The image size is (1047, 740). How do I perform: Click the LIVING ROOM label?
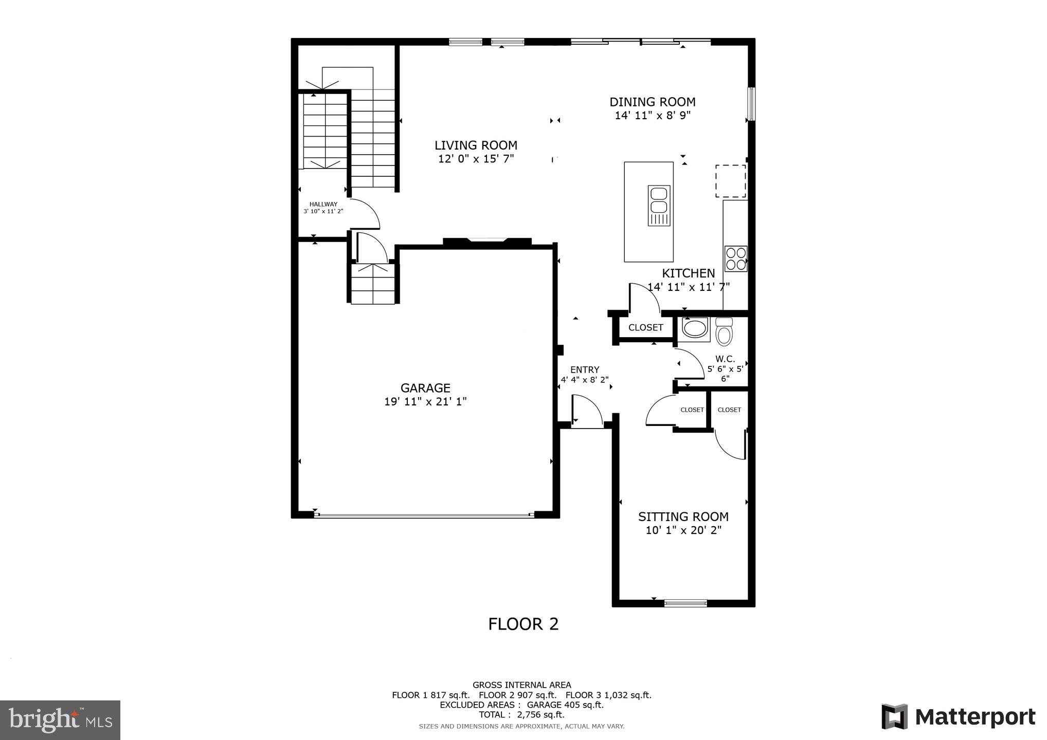coord(476,145)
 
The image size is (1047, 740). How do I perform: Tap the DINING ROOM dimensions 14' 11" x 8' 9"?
coord(652,116)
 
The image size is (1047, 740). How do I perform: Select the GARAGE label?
coord(425,388)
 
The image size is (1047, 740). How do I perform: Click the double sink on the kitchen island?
coord(659,206)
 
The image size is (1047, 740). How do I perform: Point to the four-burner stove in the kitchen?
coord(735,259)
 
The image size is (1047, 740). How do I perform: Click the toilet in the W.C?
coord(724,331)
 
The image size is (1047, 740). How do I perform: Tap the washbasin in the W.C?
coord(695,328)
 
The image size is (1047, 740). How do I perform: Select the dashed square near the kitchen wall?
coord(731,181)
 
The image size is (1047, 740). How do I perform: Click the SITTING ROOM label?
coord(683,516)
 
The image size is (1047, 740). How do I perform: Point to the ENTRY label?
coord(585,369)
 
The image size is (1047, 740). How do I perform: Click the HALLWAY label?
coord(323,204)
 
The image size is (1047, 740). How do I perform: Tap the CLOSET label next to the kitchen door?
coord(645,327)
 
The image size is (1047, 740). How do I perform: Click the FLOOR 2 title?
coord(523,624)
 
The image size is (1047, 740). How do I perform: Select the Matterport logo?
coord(958,716)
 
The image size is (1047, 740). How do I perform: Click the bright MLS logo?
coord(60,719)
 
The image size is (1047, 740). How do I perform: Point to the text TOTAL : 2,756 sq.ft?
coord(521,715)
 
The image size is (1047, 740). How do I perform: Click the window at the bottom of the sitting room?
coord(685,603)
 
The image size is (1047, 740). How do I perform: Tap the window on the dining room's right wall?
coord(751,104)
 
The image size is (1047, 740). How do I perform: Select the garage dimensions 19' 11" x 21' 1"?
coord(425,402)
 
